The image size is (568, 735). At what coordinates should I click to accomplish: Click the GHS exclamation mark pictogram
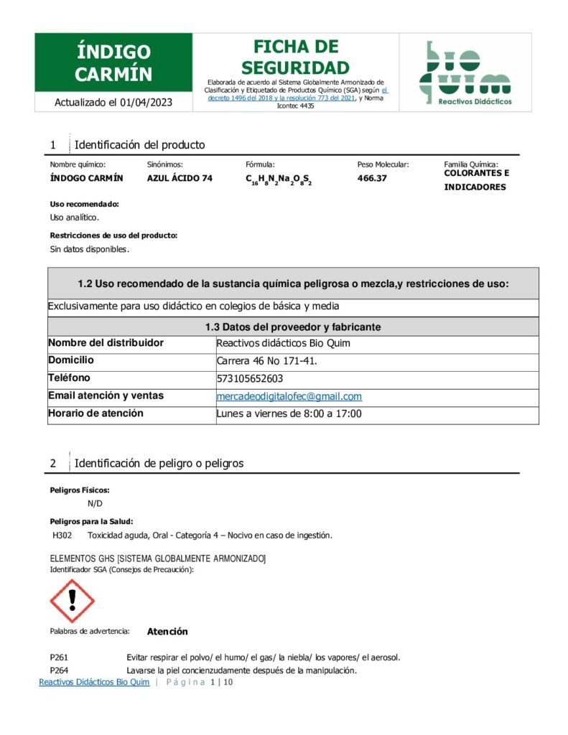(72, 601)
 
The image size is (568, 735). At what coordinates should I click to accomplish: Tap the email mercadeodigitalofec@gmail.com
(289, 396)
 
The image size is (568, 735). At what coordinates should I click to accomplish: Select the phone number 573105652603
(250, 378)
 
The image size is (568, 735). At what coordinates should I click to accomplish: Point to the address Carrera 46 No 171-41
(266, 360)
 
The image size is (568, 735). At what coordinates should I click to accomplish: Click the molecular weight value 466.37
(372, 178)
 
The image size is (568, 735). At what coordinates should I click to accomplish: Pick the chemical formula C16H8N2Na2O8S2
(279, 179)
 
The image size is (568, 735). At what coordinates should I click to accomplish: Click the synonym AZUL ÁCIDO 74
(180, 178)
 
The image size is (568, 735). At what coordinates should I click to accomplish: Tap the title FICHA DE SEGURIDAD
(295, 57)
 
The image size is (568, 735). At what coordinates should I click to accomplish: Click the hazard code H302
(62, 535)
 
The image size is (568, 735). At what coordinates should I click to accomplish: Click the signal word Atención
(167, 632)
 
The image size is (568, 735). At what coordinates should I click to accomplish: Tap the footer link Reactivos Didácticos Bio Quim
(94, 682)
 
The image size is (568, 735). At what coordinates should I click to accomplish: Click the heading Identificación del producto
(139, 145)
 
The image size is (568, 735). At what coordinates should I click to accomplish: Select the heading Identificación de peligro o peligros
(159, 463)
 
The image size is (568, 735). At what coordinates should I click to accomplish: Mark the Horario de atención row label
(96, 413)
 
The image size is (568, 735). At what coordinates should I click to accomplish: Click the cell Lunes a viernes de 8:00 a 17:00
(289, 414)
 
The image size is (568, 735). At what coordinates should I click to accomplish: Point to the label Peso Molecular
(383, 164)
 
